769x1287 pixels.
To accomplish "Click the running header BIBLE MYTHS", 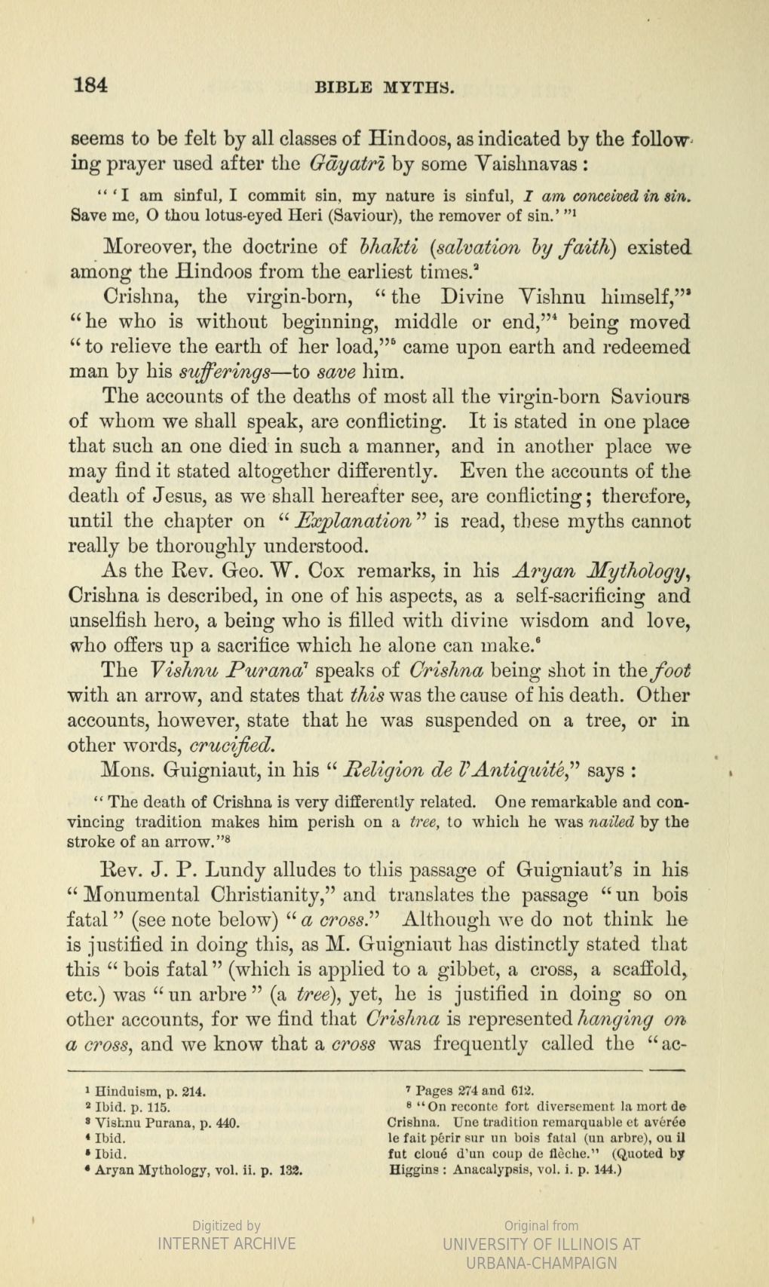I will (x=384, y=87).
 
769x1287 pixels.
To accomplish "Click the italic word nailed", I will (x=611, y=822).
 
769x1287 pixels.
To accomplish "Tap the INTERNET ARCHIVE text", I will (x=226, y=1243).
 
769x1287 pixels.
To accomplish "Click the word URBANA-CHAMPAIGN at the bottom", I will (x=541, y=1264).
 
